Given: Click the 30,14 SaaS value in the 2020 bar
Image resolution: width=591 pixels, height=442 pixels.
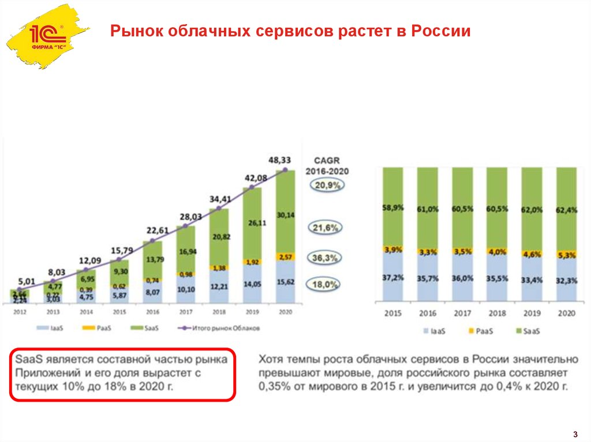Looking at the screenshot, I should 284,215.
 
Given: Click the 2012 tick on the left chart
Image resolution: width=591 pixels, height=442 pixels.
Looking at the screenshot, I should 19,312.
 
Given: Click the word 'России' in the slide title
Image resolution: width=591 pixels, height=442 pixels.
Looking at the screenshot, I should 440,31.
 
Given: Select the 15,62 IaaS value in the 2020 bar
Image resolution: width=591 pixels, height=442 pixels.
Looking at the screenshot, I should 284,282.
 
